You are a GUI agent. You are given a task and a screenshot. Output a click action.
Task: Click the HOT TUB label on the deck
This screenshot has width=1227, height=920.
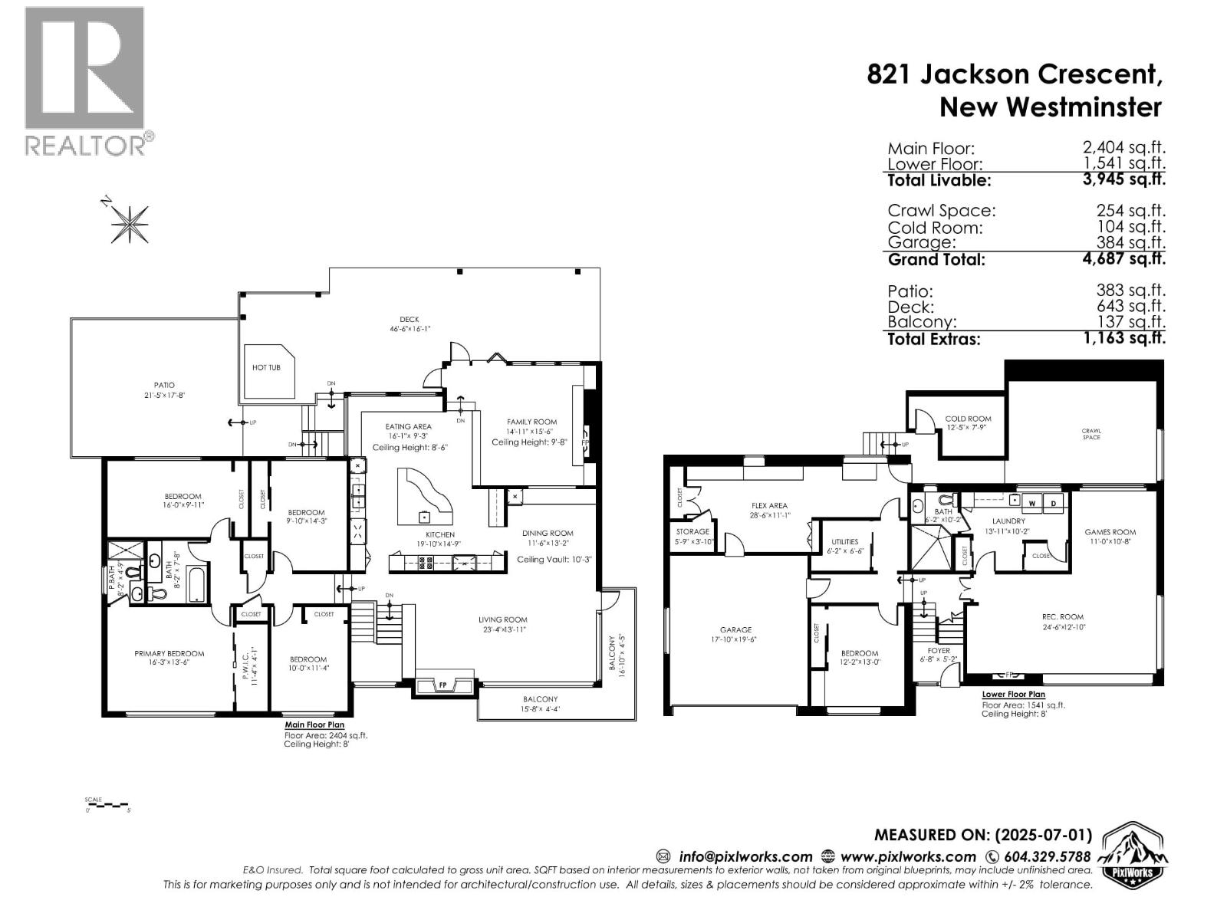(x=266, y=368)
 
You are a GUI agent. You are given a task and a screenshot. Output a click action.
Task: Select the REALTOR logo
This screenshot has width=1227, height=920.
(x=85, y=80)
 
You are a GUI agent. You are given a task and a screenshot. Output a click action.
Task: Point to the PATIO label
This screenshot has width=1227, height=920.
(x=164, y=386)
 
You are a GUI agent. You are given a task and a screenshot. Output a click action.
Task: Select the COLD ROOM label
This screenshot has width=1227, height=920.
(x=969, y=419)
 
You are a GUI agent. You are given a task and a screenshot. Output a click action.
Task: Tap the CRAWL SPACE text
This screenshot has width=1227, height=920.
(x=1091, y=434)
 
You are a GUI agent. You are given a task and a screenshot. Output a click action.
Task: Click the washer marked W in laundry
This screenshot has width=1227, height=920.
(x=1031, y=503)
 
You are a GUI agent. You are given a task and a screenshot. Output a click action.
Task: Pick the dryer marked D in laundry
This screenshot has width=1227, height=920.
(x=1054, y=503)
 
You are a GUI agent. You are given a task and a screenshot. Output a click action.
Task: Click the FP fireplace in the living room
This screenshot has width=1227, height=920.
(x=442, y=685)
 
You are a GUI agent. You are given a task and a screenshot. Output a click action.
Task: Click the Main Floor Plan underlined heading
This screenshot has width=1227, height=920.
(x=314, y=724)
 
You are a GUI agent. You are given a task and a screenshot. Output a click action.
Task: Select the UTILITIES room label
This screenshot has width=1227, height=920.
(x=844, y=542)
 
